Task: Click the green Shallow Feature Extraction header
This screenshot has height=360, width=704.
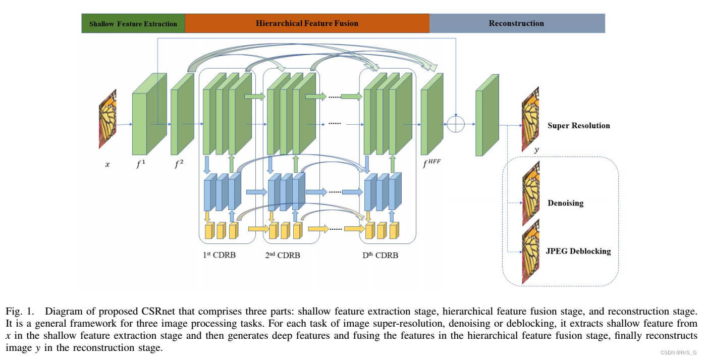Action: pos(133,24)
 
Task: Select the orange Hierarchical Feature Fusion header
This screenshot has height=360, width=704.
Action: pos(307,23)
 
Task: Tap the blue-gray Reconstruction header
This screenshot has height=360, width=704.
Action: pos(516,23)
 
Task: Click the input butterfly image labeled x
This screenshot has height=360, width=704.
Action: pos(107,119)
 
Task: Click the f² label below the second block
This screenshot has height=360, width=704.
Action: pos(179,164)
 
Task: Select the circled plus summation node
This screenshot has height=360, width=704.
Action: pos(455,124)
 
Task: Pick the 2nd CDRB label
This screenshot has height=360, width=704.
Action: pos(283,255)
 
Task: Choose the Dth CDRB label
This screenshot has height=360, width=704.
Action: pos(380,255)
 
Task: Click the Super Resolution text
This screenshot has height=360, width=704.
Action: pos(578,126)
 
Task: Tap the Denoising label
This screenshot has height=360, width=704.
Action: pos(565,203)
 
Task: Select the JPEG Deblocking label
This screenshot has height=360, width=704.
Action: pos(578,251)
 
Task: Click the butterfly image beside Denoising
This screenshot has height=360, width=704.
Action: pos(531,193)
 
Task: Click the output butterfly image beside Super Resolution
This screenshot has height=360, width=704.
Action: pos(530,119)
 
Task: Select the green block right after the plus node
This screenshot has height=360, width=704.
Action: pos(486,115)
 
